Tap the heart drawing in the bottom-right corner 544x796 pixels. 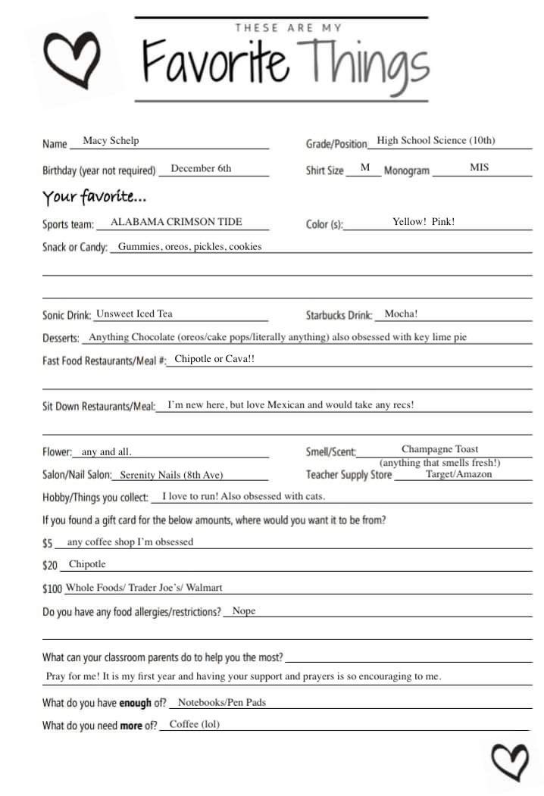(508, 761)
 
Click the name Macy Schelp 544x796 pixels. (111, 141)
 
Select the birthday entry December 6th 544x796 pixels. (201, 168)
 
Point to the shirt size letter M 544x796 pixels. (364, 167)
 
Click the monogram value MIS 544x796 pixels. (479, 167)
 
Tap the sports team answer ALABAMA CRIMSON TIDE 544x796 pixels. (177, 222)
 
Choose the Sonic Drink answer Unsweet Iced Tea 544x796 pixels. (134, 314)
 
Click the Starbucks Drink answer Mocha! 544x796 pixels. (401, 314)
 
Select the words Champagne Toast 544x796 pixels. (439, 449)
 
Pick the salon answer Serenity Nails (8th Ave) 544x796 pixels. (171, 475)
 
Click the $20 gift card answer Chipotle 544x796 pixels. (87, 564)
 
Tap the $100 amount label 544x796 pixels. (52, 588)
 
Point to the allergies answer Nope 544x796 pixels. (244, 610)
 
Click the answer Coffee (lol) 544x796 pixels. (194, 724)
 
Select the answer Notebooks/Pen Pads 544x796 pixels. (221, 702)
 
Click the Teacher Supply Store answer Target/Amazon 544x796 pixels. (458, 474)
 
